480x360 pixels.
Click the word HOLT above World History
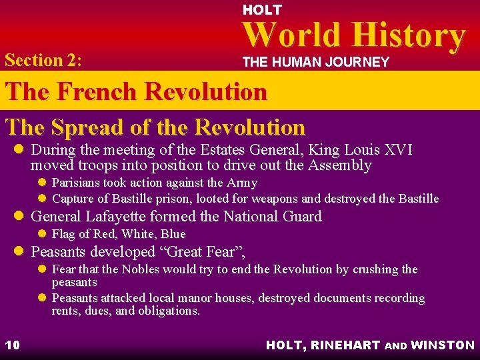[262, 10]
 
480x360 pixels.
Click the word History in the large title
[408, 36]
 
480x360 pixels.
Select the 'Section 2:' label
[43, 60]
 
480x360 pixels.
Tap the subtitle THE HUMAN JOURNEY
[315, 62]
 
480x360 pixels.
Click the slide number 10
[13, 345]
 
